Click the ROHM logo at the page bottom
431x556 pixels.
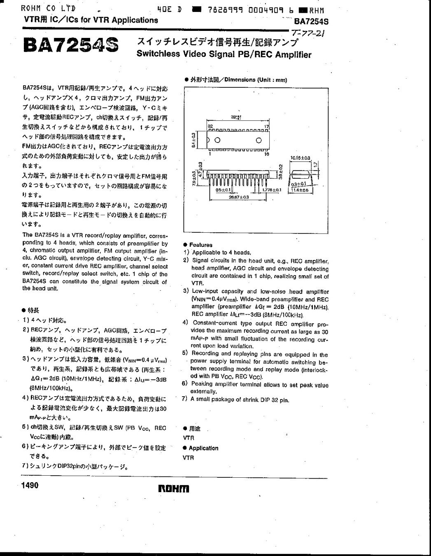click(173, 488)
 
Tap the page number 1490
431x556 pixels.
click(29, 485)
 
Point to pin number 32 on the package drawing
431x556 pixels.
click(210, 126)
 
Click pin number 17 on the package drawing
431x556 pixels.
click(266, 126)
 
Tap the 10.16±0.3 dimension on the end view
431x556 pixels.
click(300, 158)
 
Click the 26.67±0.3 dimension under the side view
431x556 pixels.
click(239, 197)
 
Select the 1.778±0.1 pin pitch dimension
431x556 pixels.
click(271, 190)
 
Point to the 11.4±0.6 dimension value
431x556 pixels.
click(300, 190)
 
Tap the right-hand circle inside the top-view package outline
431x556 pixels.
click(259, 140)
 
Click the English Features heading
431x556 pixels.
click(200, 245)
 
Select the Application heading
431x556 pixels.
click(203, 448)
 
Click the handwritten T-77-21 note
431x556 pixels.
click(307, 34)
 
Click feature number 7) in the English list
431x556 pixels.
click(185, 399)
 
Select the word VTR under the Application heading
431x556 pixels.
click(188, 458)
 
